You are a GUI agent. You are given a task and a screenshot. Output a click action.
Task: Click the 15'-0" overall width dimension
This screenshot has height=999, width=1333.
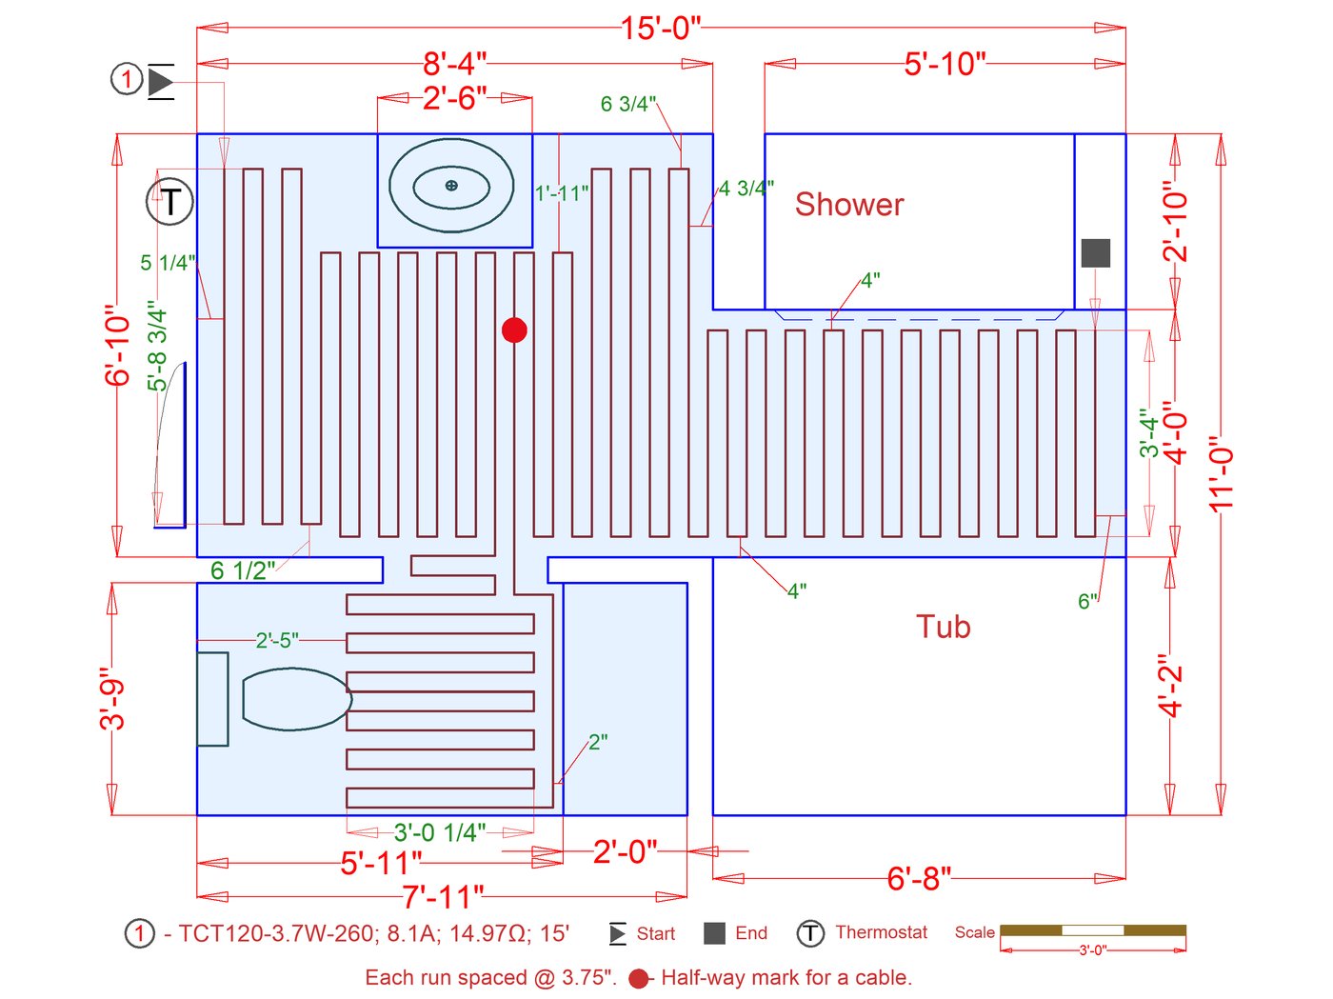[x=661, y=29]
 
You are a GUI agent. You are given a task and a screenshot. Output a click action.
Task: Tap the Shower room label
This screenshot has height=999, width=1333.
[x=849, y=204]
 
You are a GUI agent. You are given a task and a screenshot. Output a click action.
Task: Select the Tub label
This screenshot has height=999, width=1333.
[x=944, y=627]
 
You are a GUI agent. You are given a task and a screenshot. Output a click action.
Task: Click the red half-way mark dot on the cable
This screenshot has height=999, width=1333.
[x=514, y=330]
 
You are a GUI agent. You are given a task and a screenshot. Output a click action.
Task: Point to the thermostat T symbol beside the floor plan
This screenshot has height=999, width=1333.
[x=170, y=202]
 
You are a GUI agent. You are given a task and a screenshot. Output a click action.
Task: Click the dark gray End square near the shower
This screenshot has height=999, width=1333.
[x=1096, y=253]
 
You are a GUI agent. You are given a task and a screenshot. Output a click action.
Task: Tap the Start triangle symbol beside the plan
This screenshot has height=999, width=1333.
[x=160, y=81]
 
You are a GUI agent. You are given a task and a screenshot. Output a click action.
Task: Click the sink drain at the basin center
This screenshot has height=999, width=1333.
[x=451, y=185]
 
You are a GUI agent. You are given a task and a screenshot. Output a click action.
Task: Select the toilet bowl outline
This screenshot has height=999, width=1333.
[x=297, y=698]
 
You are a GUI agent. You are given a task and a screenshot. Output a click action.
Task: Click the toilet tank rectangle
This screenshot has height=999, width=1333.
[x=212, y=699]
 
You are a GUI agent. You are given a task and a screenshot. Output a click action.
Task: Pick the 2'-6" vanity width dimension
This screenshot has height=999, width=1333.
[x=455, y=98]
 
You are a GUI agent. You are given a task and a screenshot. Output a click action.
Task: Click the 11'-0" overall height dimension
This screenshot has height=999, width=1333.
[x=1222, y=474]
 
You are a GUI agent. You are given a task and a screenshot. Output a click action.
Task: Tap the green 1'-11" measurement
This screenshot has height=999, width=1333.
[x=562, y=193]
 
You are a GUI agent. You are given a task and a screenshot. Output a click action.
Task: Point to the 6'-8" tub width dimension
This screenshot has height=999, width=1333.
[x=919, y=878]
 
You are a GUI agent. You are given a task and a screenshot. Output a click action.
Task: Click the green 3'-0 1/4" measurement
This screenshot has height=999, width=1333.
[x=440, y=832]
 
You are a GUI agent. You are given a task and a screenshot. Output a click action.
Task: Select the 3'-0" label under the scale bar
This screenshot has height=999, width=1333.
[x=1092, y=950]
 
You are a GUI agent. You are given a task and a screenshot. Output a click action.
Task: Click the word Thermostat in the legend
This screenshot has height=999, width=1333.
[x=881, y=932]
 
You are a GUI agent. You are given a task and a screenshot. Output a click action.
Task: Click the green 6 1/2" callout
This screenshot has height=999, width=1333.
[x=243, y=570]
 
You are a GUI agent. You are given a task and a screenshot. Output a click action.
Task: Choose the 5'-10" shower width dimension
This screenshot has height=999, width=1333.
[x=945, y=64]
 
